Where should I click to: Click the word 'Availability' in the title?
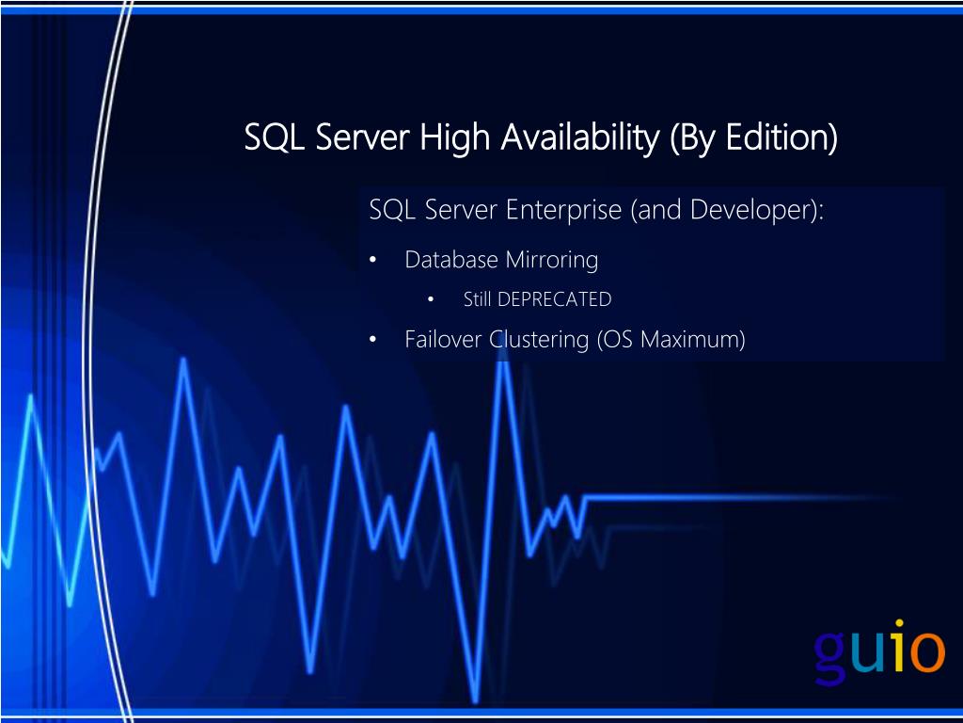coord(579,138)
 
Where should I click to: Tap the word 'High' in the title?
coord(455,138)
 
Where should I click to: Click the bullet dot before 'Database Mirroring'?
coord(373,261)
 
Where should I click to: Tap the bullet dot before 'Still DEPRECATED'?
coord(430,300)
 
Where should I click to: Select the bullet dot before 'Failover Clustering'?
coord(373,340)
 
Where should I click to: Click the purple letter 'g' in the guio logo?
coord(832,654)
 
